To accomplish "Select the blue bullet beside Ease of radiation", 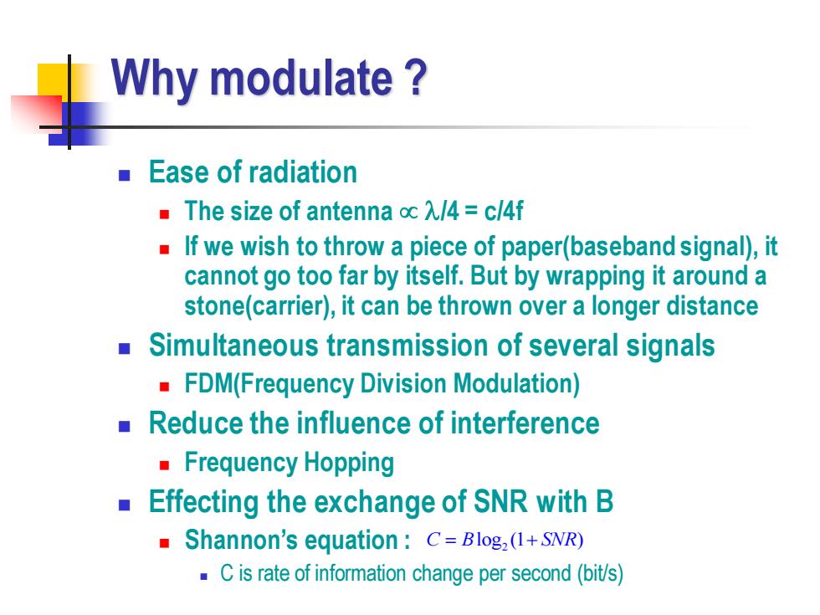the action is coord(124,175).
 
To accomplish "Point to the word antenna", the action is coord(350,211).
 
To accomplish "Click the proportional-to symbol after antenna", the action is coord(408,213).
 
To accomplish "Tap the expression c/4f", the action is coord(504,211).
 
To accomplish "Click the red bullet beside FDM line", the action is coord(164,387).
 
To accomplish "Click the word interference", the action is coord(525,423).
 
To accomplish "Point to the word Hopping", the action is coord(349,464).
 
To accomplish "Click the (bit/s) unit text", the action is coord(601,574).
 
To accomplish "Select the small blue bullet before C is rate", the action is coord(204,577).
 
